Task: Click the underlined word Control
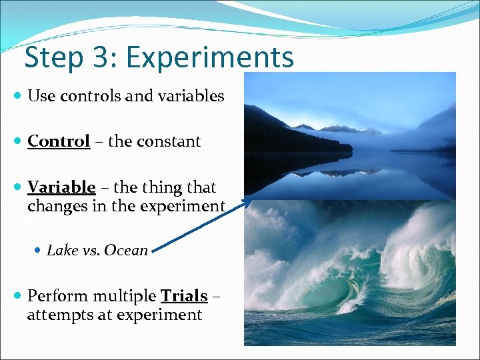coord(59,141)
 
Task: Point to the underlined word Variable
coord(61,187)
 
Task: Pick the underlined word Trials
coord(184,295)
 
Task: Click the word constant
coord(169,141)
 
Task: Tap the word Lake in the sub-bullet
coord(63,251)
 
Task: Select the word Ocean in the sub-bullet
coord(126,251)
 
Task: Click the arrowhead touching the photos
coord(248,201)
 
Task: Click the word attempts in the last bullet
coord(59,315)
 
